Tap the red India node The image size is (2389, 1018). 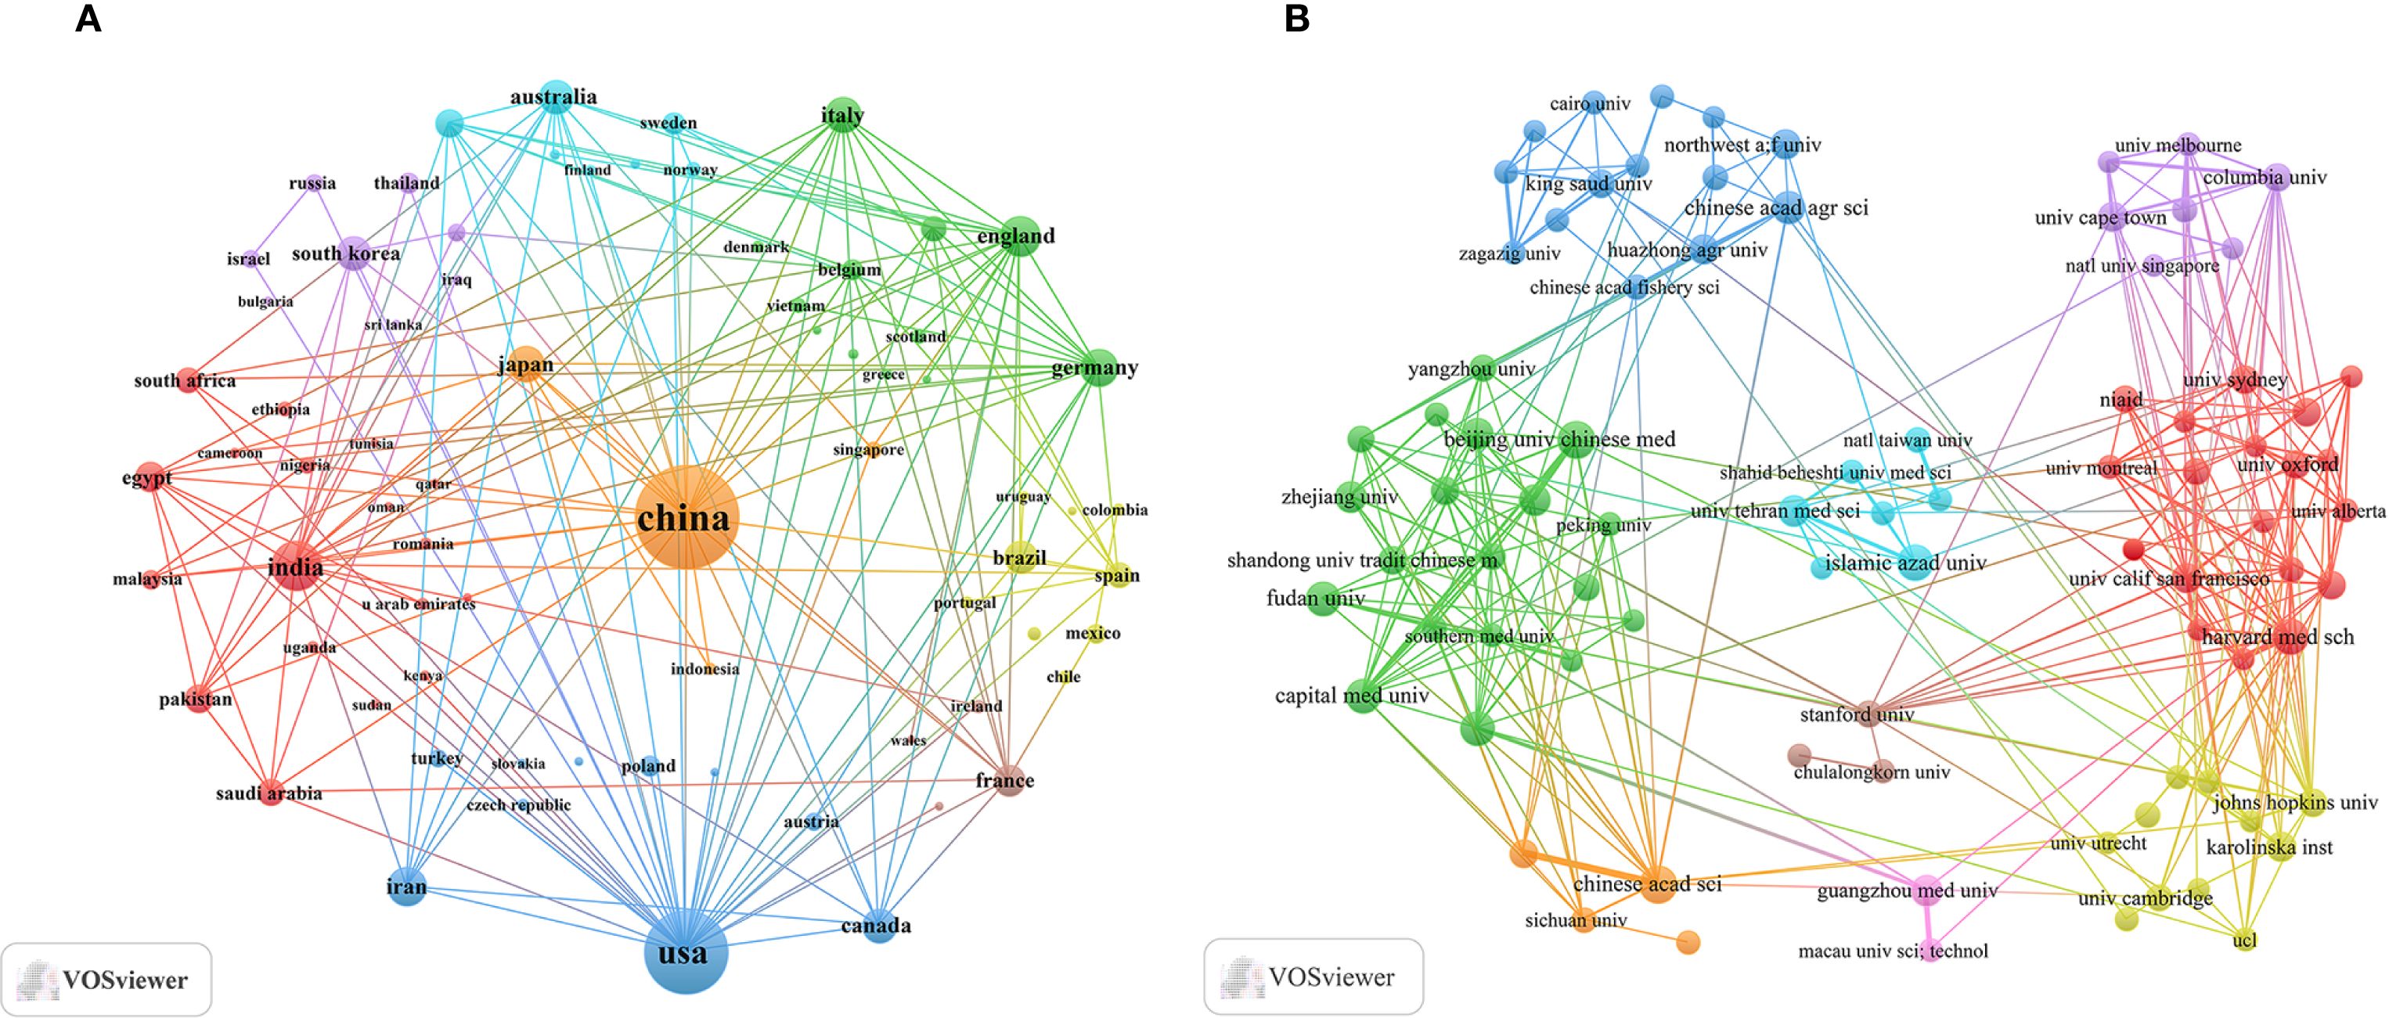point(296,566)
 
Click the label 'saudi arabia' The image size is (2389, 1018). point(269,793)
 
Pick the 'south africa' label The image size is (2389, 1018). point(185,380)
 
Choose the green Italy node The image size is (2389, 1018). point(842,115)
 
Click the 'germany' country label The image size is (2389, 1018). point(1094,368)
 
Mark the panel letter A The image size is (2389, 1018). point(88,19)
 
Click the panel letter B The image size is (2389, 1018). point(1296,19)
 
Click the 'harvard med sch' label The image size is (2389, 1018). point(2277,637)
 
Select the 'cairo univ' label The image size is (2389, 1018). point(1590,104)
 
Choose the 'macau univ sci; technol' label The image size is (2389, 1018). point(1892,951)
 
